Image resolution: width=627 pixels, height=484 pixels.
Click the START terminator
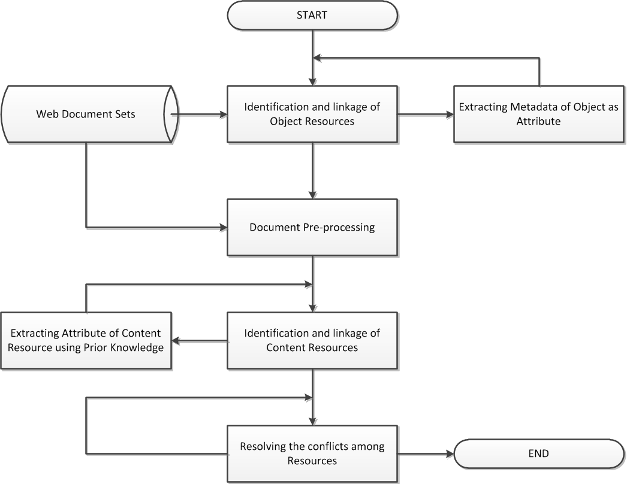click(x=312, y=15)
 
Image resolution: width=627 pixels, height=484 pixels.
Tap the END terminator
click(x=539, y=453)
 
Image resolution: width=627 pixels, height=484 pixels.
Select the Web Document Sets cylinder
click(x=89, y=114)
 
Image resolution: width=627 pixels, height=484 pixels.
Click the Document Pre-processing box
click(x=312, y=228)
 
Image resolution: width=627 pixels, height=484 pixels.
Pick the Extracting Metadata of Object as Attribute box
click(x=539, y=114)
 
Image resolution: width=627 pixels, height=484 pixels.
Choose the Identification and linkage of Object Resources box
click(x=312, y=114)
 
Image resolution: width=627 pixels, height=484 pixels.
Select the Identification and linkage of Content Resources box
click(x=312, y=340)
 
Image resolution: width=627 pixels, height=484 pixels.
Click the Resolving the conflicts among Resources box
click(x=312, y=453)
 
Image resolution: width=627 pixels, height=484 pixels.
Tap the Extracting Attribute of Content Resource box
click(x=86, y=340)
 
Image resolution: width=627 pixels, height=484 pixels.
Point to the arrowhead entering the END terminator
click(x=450, y=453)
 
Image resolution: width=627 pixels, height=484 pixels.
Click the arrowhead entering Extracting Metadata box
click(x=450, y=114)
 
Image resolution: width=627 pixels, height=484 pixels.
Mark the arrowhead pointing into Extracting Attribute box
click(x=176, y=341)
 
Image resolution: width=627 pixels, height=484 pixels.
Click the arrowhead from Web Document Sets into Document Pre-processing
click(x=223, y=228)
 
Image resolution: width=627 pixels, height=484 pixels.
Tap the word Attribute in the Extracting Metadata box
click(x=539, y=122)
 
